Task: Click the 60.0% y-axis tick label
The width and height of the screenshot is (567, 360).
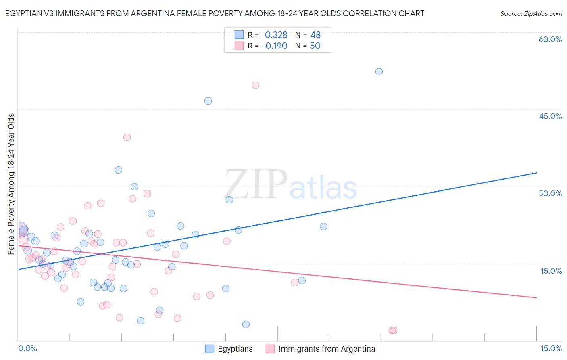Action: (x=550, y=39)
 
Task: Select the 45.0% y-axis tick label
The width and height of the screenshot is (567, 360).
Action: (x=550, y=116)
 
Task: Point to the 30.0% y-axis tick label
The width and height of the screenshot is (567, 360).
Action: (x=550, y=193)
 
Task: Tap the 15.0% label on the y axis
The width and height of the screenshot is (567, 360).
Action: (x=551, y=271)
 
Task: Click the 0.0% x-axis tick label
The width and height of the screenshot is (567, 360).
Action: (x=27, y=348)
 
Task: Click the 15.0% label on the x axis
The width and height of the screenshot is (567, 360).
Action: (x=551, y=348)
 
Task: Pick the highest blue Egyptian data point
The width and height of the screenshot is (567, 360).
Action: (x=379, y=71)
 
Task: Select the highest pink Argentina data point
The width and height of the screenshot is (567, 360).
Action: (x=255, y=85)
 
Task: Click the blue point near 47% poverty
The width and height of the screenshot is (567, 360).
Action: (x=208, y=101)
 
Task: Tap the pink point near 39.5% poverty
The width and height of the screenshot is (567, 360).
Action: (x=127, y=137)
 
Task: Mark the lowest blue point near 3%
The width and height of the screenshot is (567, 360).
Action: (x=246, y=324)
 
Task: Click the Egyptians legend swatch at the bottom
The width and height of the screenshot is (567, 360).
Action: (x=210, y=349)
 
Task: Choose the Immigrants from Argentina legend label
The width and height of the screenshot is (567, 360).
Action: (x=327, y=349)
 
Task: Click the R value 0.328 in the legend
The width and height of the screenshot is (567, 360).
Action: (x=276, y=35)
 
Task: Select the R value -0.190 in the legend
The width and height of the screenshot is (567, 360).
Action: (x=274, y=46)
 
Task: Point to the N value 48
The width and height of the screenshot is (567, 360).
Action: (x=315, y=35)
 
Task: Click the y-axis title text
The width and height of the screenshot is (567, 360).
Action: (x=11, y=184)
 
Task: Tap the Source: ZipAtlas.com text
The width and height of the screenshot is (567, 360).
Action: (x=531, y=14)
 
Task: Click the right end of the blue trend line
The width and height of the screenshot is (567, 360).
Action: (x=536, y=173)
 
